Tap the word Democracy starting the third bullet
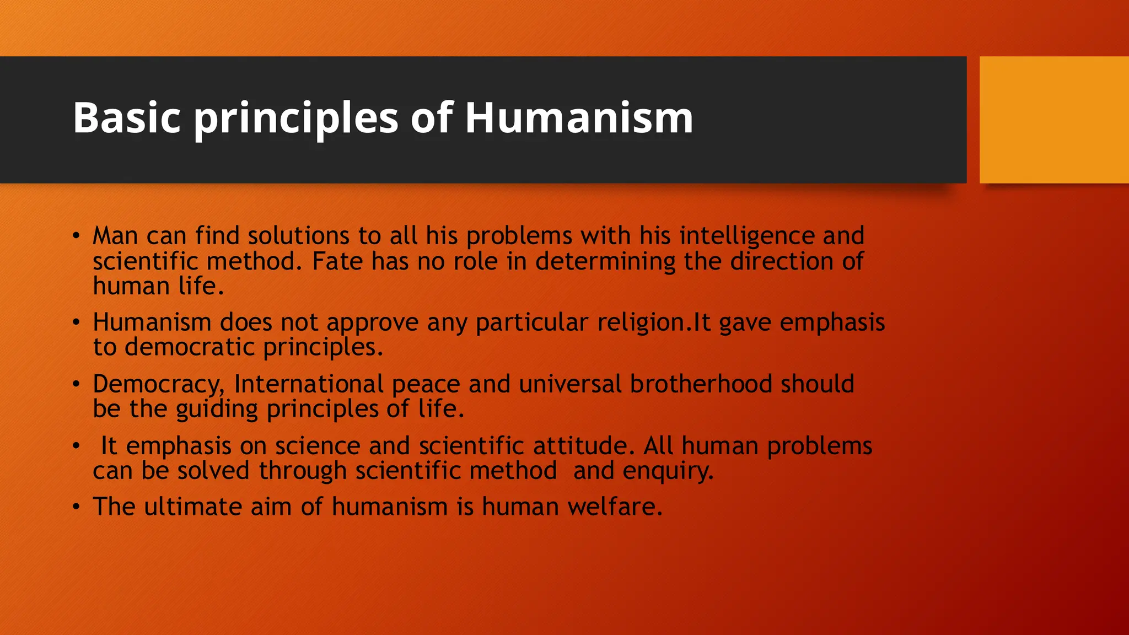(158, 384)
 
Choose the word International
(309, 384)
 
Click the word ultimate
(193, 507)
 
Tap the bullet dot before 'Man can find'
(76, 236)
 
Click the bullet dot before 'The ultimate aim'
(76, 507)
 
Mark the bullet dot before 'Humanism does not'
(76, 322)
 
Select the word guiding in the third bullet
(217, 410)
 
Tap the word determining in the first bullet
(605, 261)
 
